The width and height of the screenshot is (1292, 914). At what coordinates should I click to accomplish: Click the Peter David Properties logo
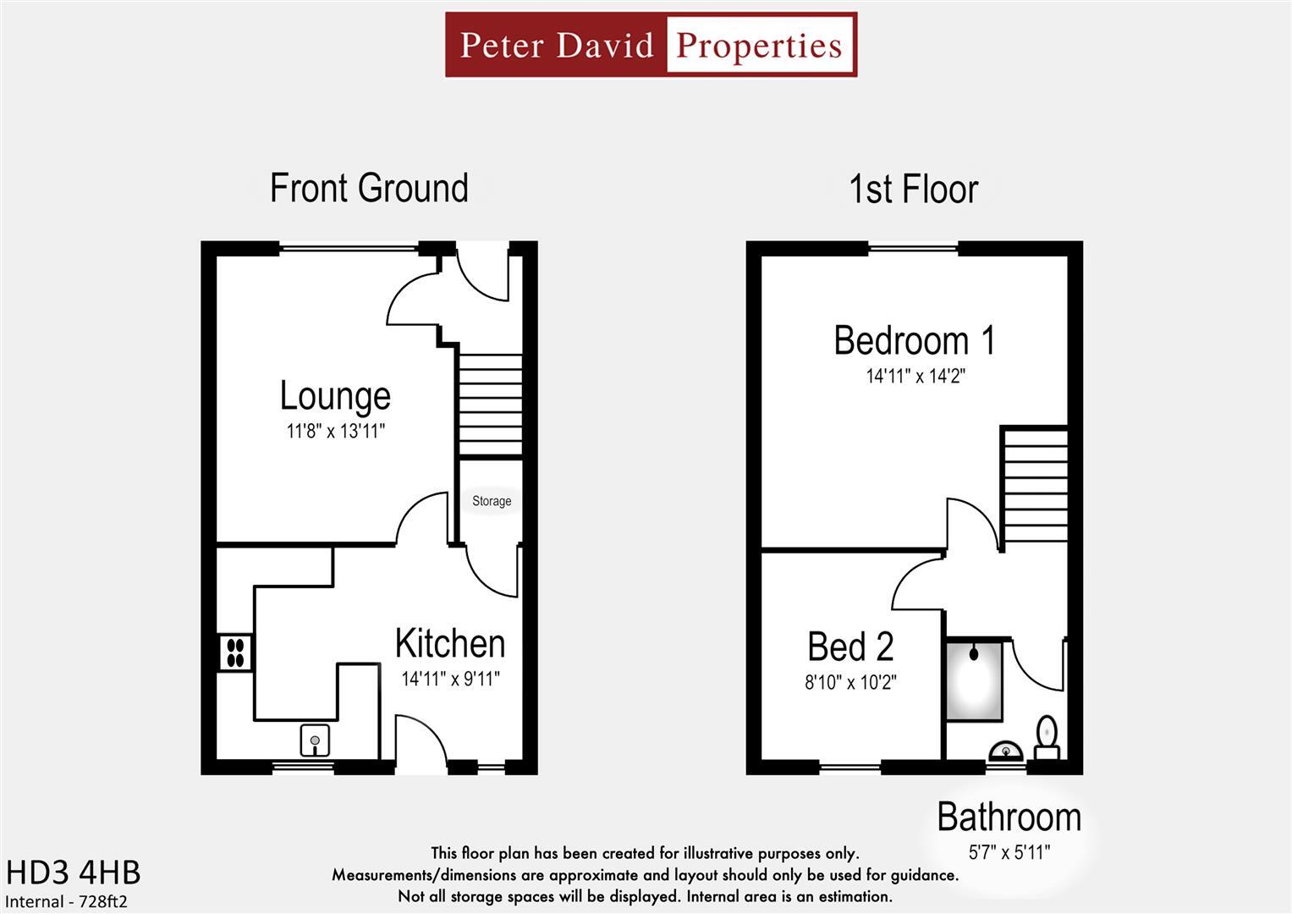tap(651, 45)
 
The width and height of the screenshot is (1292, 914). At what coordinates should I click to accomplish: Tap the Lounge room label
tap(335, 396)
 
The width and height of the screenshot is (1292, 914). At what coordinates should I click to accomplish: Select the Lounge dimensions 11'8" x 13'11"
tap(335, 432)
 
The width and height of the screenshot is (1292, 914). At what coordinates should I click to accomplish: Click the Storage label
tap(492, 501)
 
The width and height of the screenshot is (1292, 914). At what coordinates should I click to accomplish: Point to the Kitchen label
tap(450, 644)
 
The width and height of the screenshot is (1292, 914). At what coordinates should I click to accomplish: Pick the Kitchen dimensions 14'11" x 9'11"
tap(450, 679)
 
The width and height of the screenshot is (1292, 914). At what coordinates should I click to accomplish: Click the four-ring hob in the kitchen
tap(235, 652)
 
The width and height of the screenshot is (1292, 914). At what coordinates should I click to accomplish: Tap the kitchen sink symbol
tap(315, 741)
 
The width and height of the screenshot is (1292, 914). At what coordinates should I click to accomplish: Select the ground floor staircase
tap(490, 405)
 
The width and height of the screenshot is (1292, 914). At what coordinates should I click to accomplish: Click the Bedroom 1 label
tap(915, 340)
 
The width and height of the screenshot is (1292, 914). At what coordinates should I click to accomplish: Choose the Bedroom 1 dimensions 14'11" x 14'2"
tap(915, 376)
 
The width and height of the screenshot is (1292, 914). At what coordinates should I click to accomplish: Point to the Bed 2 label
tap(850, 647)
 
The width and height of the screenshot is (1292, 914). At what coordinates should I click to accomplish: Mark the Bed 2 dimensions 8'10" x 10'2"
tap(850, 682)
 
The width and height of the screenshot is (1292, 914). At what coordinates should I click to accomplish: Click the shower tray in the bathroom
tap(974, 680)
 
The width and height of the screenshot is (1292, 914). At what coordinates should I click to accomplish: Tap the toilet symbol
tap(1047, 737)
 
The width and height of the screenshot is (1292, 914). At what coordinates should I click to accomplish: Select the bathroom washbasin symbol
tap(1006, 752)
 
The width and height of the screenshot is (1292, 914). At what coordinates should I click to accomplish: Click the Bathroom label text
tap(1009, 818)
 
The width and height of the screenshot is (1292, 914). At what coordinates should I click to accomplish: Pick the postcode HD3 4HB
tap(74, 873)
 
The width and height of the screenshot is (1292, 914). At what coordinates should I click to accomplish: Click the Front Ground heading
tap(369, 188)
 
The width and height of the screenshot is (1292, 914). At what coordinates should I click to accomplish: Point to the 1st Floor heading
tap(913, 189)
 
